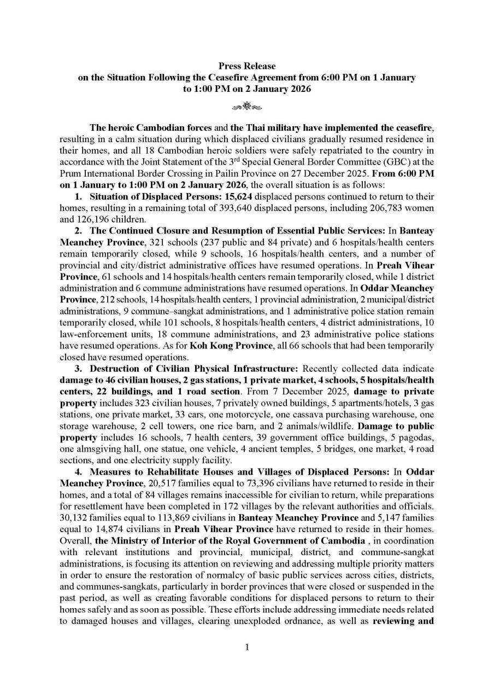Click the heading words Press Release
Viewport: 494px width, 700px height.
point(247,66)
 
